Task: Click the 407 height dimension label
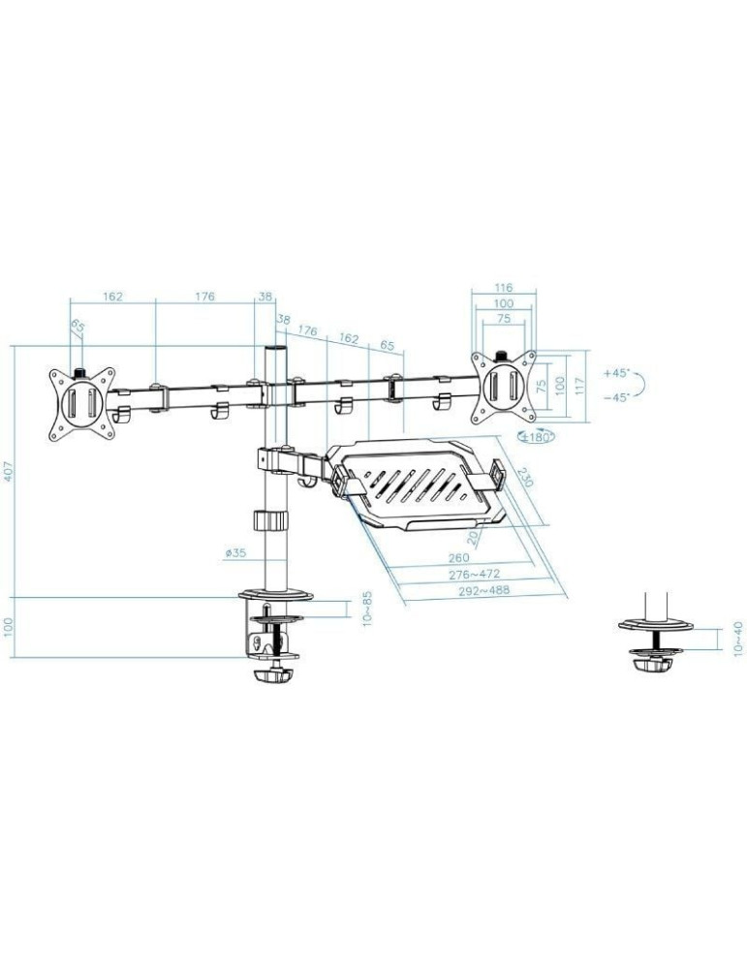coord(9,472)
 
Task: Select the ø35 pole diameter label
coord(235,553)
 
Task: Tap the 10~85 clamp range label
coord(368,610)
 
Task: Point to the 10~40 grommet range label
coord(740,639)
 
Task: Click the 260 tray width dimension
coord(459,557)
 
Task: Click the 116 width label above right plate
coord(502,288)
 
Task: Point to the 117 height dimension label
coord(581,385)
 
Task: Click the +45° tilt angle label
coord(615,372)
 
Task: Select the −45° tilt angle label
coord(615,396)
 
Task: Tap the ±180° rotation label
coord(534,437)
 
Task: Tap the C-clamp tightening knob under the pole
coord(273,674)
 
